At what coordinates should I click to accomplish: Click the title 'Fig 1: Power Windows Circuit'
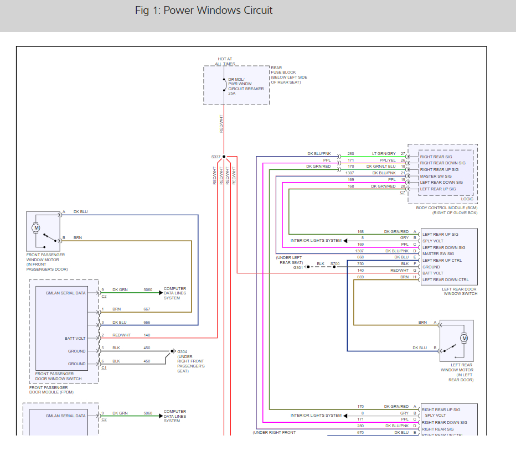[204, 11]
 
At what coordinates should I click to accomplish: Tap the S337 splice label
[215, 157]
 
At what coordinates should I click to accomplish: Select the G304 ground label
[181, 351]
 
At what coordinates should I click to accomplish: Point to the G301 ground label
[298, 267]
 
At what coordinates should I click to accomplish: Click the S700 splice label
[335, 263]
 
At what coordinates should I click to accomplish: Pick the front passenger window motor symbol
[37, 227]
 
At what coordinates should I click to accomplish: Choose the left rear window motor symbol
[464, 338]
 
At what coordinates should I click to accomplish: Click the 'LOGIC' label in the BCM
[467, 199]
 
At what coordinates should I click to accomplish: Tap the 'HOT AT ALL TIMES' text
[225, 61]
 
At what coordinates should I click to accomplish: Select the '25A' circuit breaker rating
[232, 94]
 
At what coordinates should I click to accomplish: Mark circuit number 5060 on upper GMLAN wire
[148, 289]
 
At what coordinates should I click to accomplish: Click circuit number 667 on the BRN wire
[147, 309]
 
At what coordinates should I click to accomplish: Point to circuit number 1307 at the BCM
[350, 173]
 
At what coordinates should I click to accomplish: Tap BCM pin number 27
[403, 153]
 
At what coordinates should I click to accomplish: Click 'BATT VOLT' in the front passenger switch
[75, 338]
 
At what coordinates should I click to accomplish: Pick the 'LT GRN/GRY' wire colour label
[384, 153]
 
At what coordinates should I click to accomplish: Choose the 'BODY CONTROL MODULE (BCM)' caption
[446, 208]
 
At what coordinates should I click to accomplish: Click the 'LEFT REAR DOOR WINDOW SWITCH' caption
[460, 291]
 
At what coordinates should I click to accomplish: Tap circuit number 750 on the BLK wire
[360, 263]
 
